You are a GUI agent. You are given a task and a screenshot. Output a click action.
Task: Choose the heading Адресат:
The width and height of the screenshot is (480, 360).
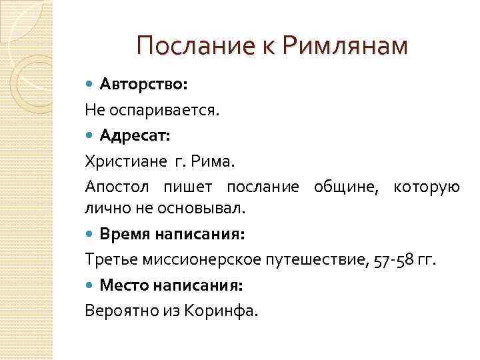[x=135, y=136]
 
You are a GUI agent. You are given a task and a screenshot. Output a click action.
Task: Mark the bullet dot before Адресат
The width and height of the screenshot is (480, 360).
[x=91, y=136]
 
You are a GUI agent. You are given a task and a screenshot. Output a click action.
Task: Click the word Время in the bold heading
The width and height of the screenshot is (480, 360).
[x=125, y=234]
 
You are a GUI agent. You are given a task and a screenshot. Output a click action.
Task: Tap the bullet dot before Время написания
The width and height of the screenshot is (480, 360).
[x=91, y=235]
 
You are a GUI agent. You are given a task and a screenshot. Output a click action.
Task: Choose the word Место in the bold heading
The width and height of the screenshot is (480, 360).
[x=125, y=285]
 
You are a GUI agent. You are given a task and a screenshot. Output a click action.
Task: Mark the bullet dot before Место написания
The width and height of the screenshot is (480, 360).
[x=91, y=285]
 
